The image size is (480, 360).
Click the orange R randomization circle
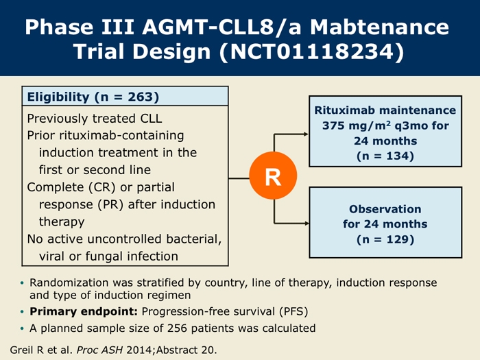coord(273,176)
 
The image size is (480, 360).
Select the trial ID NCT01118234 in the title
coord(312,51)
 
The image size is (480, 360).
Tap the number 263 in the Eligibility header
coord(141,97)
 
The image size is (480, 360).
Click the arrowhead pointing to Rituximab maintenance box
coord(306,134)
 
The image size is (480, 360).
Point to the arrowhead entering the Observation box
coord(306,224)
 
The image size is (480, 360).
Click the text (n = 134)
coord(385,156)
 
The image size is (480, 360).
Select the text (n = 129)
coord(385,239)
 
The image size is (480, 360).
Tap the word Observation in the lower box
coord(385,209)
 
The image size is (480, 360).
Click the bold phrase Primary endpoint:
coord(84,311)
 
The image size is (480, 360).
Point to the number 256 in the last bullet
coord(177,328)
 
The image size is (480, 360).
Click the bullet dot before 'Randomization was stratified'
coord(22,283)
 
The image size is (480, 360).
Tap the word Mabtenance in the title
coord(380,27)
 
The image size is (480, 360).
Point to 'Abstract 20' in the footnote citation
coord(185,350)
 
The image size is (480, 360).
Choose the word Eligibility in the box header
coord(58,97)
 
